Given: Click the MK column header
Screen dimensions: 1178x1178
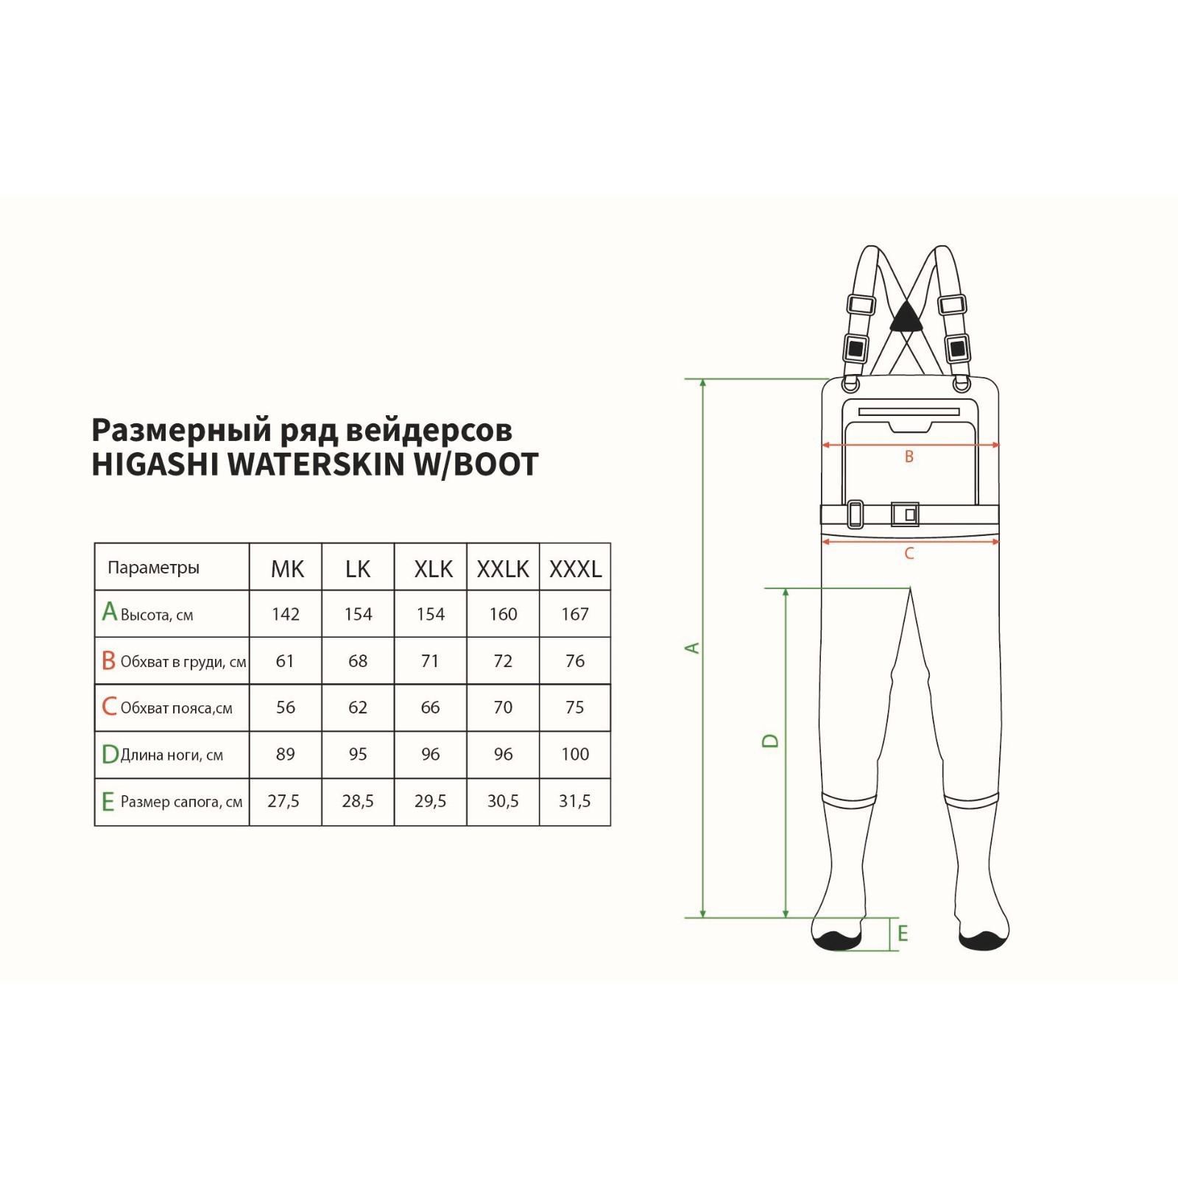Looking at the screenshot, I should coord(287,568).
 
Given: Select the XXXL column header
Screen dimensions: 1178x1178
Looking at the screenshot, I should coord(576,568).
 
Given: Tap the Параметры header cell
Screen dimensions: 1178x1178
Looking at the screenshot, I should coord(153,568).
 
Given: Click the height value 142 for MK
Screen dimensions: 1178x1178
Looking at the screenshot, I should coord(286,614).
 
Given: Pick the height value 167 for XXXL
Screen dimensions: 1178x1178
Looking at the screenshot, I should coord(575,614).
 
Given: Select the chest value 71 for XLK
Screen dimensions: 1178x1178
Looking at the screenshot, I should coord(430,661).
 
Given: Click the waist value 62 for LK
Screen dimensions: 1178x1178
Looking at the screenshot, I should coord(358,708).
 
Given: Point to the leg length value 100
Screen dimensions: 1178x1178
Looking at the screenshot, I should coord(575,754).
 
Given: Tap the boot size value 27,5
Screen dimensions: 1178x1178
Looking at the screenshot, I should coord(283,801).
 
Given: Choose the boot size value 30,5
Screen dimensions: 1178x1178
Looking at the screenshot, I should coord(503,801).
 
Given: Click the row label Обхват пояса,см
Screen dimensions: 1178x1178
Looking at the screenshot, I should coord(176,708).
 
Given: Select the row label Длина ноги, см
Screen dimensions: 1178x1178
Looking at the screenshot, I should coord(172,755).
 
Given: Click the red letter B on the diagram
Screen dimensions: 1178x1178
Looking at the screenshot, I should coord(909,456).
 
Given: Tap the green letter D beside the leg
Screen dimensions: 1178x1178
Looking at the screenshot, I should coord(770,740).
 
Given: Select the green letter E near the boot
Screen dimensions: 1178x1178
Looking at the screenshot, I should coord(903,934).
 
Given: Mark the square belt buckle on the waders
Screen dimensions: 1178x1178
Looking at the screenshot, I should coord(905,514).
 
